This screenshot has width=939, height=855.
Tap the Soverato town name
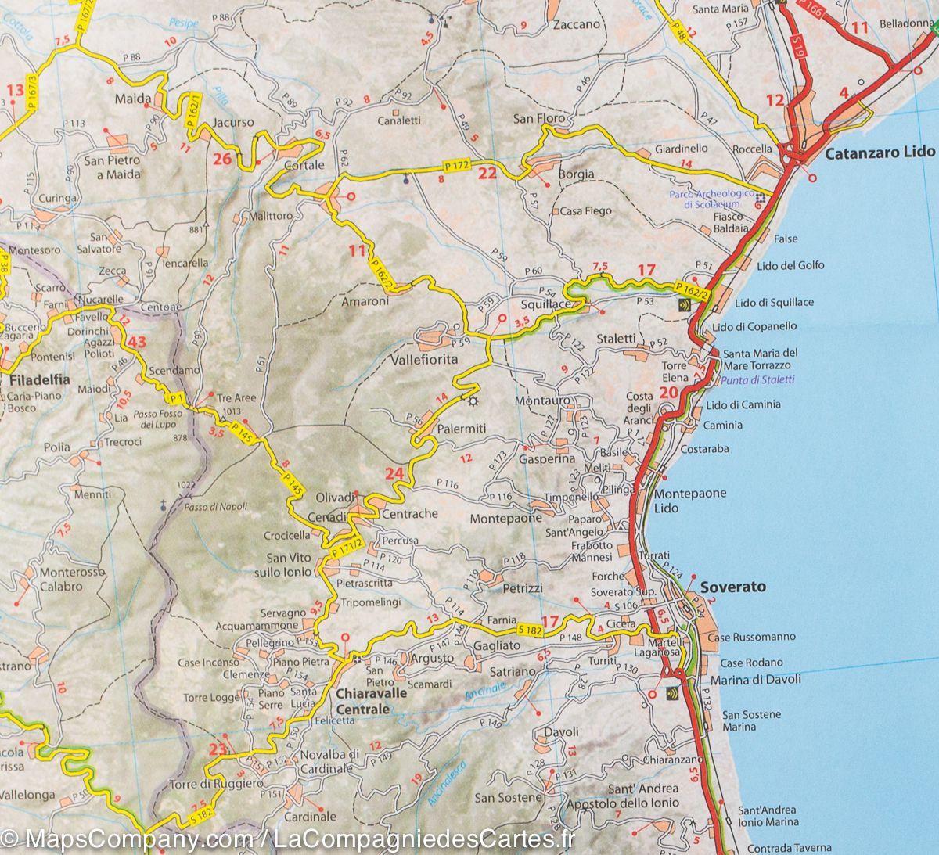pos(733,587)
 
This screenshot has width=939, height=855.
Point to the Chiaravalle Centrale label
pos(362,701)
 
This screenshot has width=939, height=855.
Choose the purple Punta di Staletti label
pos(757,379)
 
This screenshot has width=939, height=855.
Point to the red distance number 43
pos(138,342)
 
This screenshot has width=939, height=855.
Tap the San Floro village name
pos(538,119)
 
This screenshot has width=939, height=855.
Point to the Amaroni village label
pos(365,301)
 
